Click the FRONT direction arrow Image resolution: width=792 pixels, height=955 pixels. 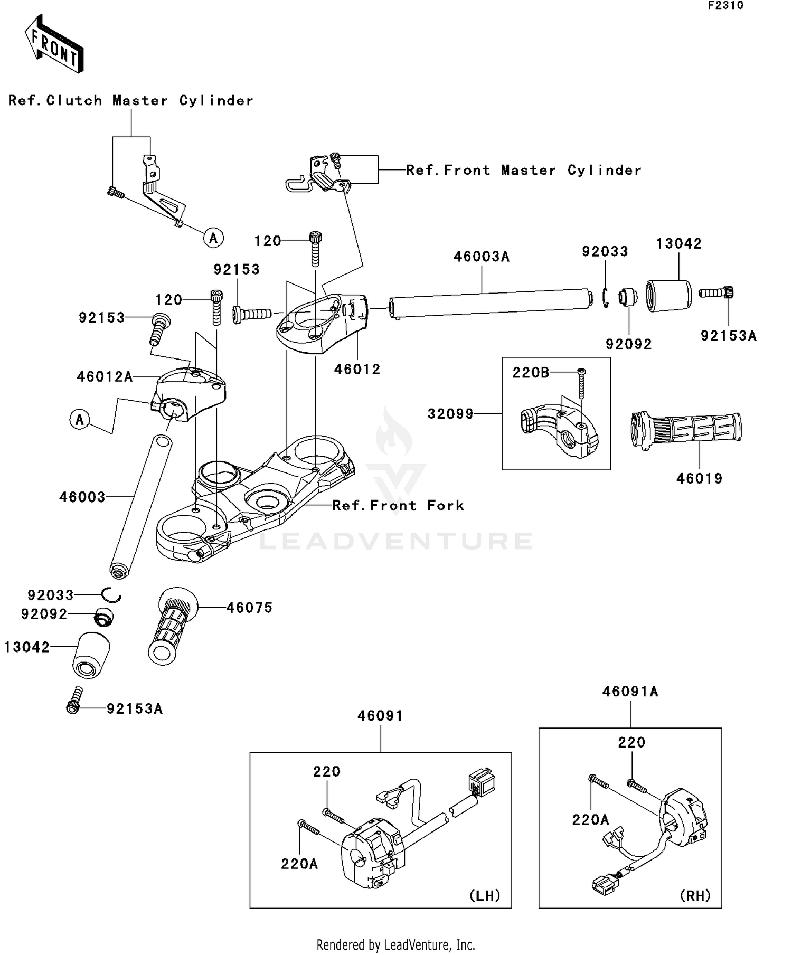tap(54, 44)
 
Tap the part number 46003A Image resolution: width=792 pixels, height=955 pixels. tap(482, 257)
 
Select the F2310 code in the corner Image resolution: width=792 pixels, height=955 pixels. tap(725, 6)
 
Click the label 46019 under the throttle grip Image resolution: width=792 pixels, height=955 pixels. tap(699, 479)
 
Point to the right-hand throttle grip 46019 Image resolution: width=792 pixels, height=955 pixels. tap(686, 430)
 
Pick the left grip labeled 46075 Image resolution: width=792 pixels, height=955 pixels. tap(172, 626)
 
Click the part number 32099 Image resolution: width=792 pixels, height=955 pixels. tap(450, 414)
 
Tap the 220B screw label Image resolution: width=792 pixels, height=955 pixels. tap(530, 373)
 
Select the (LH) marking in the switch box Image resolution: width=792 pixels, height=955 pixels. tap(484, 895)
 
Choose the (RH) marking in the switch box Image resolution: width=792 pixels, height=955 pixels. tap(695, 895)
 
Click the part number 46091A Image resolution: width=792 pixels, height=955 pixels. tap(630, 692)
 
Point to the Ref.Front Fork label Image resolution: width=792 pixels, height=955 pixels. tap(398, 506)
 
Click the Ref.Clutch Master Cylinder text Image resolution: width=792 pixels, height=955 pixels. tap(130, 101)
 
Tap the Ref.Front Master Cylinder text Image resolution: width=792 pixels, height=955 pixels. tap(523, 171)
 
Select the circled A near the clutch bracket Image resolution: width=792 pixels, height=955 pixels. tap(213, 238)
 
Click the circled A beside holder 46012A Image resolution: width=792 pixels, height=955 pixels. tap(80, 420)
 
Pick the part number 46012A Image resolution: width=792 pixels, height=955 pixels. tap(105, 377)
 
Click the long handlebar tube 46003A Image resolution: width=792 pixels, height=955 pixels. tap(491, 303)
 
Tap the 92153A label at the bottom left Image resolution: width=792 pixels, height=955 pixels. tap(134, 709)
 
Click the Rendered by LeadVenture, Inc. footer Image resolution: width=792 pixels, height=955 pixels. tap(395, 944)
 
